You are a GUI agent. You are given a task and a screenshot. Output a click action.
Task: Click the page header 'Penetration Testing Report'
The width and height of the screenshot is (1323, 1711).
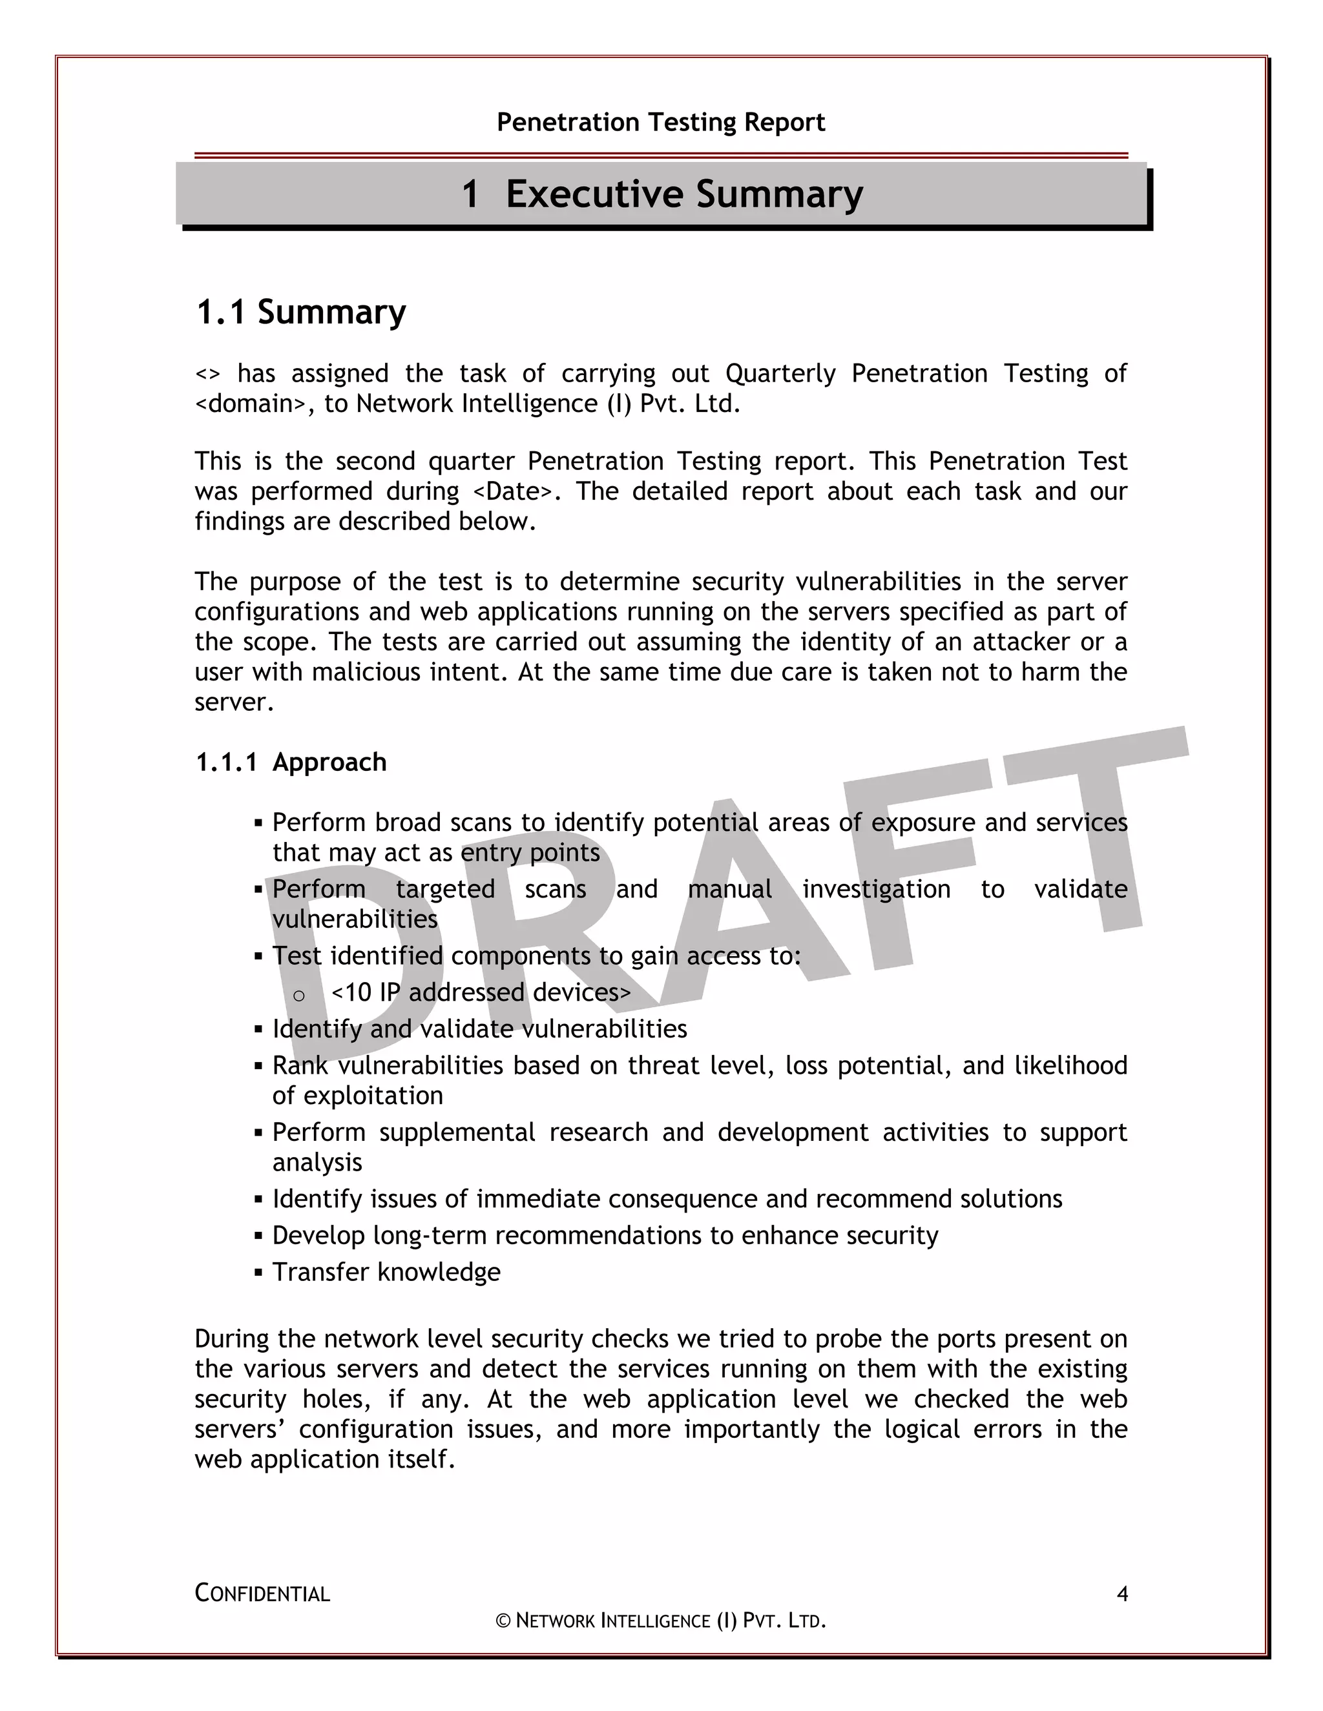(661, 122)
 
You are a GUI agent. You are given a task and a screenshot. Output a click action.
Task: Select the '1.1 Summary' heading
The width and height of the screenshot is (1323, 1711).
(301, 312)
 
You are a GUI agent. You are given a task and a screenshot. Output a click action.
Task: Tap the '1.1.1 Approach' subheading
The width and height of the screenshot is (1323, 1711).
(291, 763)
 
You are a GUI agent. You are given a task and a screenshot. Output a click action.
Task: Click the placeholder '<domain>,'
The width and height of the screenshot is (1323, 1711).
(255, 404)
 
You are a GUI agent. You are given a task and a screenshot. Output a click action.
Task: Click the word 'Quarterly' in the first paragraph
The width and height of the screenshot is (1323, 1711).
(780, 374)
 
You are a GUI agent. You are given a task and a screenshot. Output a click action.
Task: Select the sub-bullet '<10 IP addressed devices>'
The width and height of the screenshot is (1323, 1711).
(481, 992)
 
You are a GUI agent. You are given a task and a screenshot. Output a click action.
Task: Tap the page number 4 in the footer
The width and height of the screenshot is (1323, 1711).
(1121, 1594)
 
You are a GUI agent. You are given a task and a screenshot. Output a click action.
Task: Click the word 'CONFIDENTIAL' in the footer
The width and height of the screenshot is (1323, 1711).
(262, 1594)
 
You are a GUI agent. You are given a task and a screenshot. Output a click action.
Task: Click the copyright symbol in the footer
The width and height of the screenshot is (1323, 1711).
(503, 1621)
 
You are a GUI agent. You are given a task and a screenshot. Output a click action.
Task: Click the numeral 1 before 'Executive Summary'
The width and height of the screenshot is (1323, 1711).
(470, 194)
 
